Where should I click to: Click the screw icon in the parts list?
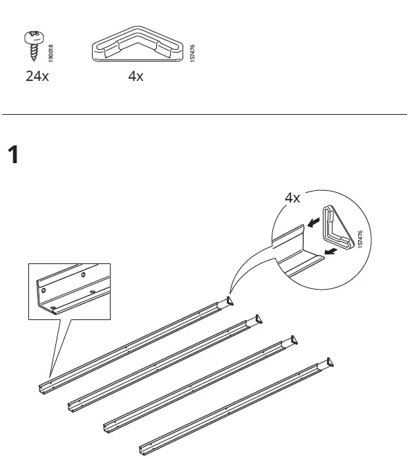pyautogui.click(x=32, y=43)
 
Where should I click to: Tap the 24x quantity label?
pyautogui.click(x=37, y=76)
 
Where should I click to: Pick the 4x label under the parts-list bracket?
pyautogui.click(x=135, y=76)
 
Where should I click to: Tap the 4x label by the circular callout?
pyautogui.click(x=292, y=198)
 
